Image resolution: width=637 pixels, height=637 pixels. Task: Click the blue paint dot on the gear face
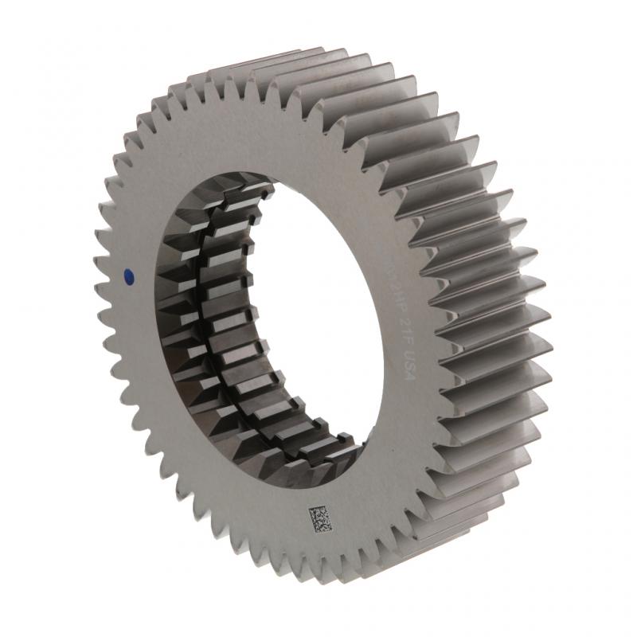click(x=128, y=276)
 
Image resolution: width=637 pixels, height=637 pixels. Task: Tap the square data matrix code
click(x=321, y=519)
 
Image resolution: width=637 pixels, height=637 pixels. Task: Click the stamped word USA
click(x=404, y=373)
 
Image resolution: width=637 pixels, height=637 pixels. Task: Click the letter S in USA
click(x=404, y=373)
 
